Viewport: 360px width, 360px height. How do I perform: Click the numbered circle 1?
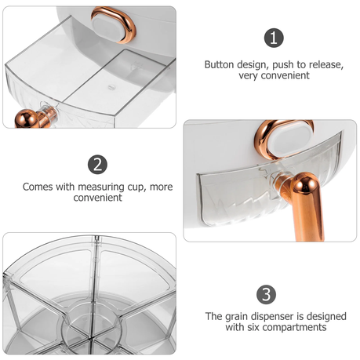point(274,38)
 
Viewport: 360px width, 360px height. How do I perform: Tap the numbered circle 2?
point(97,165)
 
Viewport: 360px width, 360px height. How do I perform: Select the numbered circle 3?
point(266,295)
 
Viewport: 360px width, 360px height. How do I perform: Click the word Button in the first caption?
point(220,64)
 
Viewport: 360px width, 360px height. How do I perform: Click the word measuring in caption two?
point(101,187)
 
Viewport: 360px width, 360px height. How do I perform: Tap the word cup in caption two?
point(136,187)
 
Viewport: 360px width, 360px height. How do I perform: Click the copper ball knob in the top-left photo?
point(27,119)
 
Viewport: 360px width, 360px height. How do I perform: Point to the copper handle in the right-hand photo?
point(304,204)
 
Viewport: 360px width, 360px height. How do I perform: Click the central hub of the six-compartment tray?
point(92,328)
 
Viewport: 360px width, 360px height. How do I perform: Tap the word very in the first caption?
point(249,76)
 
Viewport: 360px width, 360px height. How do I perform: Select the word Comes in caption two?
point(38,187)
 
